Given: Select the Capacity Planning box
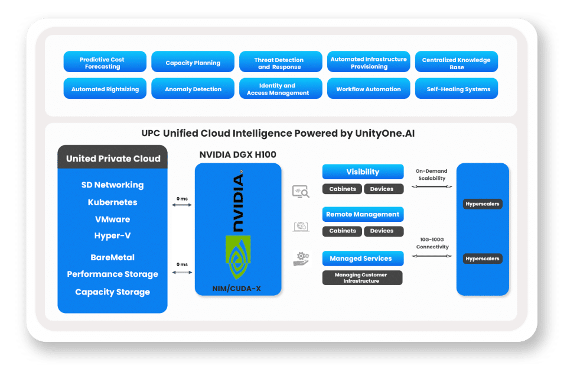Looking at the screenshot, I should (x=193, y=63).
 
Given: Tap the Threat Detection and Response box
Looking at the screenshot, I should (x=280, y=63).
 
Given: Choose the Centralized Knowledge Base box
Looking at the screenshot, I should (x=456, y=63).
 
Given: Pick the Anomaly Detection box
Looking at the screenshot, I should (x=193, y=89).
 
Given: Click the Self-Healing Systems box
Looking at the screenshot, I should (x=456, y=89).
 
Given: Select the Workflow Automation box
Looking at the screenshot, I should (x=368, y=89).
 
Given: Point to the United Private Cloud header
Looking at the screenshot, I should (x=113, y=159).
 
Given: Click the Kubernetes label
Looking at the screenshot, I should (x=112, y=202).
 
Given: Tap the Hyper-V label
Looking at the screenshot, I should (x=112, y=236).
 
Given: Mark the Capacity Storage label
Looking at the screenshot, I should (x=112, y=292).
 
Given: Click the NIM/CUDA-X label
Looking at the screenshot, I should (x=237, y=288).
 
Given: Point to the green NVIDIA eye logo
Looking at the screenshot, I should (x=237, y=256).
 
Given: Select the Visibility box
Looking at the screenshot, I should (x=363, y=172).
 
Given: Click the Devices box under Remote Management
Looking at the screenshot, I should (x=382, y=231).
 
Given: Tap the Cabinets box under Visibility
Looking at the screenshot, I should (x=342, y=189).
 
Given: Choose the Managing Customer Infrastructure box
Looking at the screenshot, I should (x=363, y=278).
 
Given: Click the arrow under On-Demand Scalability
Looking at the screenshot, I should (x=431, y=186).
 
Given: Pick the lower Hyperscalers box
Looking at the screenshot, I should (x=482, y=259).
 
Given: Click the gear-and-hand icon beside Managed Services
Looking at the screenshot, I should (x=302, y=259).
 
